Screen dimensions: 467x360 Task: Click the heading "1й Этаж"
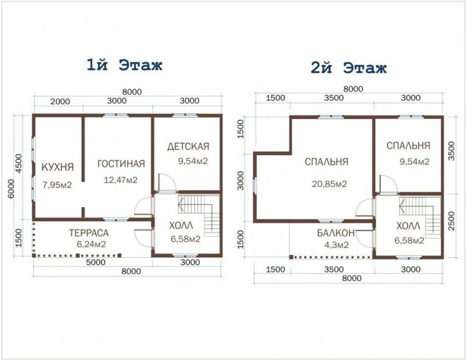point(124,65)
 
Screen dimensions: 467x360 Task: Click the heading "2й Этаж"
point(348,68)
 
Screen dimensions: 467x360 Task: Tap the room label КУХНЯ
point(57,167)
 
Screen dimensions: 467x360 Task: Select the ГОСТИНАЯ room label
point(121,164)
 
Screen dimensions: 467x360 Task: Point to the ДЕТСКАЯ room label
point(188,146)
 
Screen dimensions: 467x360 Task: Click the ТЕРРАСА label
point(89,233)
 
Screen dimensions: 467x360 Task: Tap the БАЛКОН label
point(336,233)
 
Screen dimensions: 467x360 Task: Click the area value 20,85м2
point(329,184)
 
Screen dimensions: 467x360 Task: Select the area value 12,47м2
point(121,180)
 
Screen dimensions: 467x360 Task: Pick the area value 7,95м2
point(57,185)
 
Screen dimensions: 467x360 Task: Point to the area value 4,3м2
point(337,245)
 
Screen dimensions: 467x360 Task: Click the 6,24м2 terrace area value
point(91,244)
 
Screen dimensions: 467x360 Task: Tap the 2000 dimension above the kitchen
point(60,102)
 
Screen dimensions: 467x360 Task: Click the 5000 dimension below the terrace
point(96,263)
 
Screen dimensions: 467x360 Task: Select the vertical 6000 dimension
point(11,188)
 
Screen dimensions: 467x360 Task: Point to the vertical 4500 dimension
point(19,163)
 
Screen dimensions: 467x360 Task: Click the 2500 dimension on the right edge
point(451,221)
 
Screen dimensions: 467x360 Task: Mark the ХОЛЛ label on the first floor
point(181,226)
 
